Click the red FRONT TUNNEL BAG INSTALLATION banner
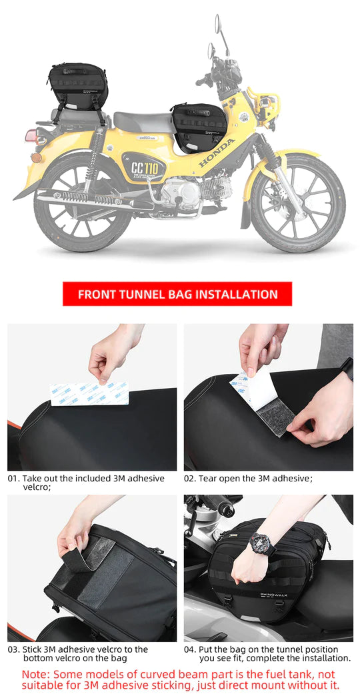click(x=177, y=294)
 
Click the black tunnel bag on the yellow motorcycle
click(x=199, y=126)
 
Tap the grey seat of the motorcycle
click(x=144, y=121)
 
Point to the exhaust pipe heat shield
click(x=87, y=198)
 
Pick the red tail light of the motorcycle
click(x=31, y=136)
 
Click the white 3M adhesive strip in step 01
click(x=89, y=393)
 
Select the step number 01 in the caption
click(x=13, y=479)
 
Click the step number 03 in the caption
click(x=13, y=649)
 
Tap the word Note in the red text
click(x=36, y=675)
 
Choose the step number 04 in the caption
click(x=189, y=649)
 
